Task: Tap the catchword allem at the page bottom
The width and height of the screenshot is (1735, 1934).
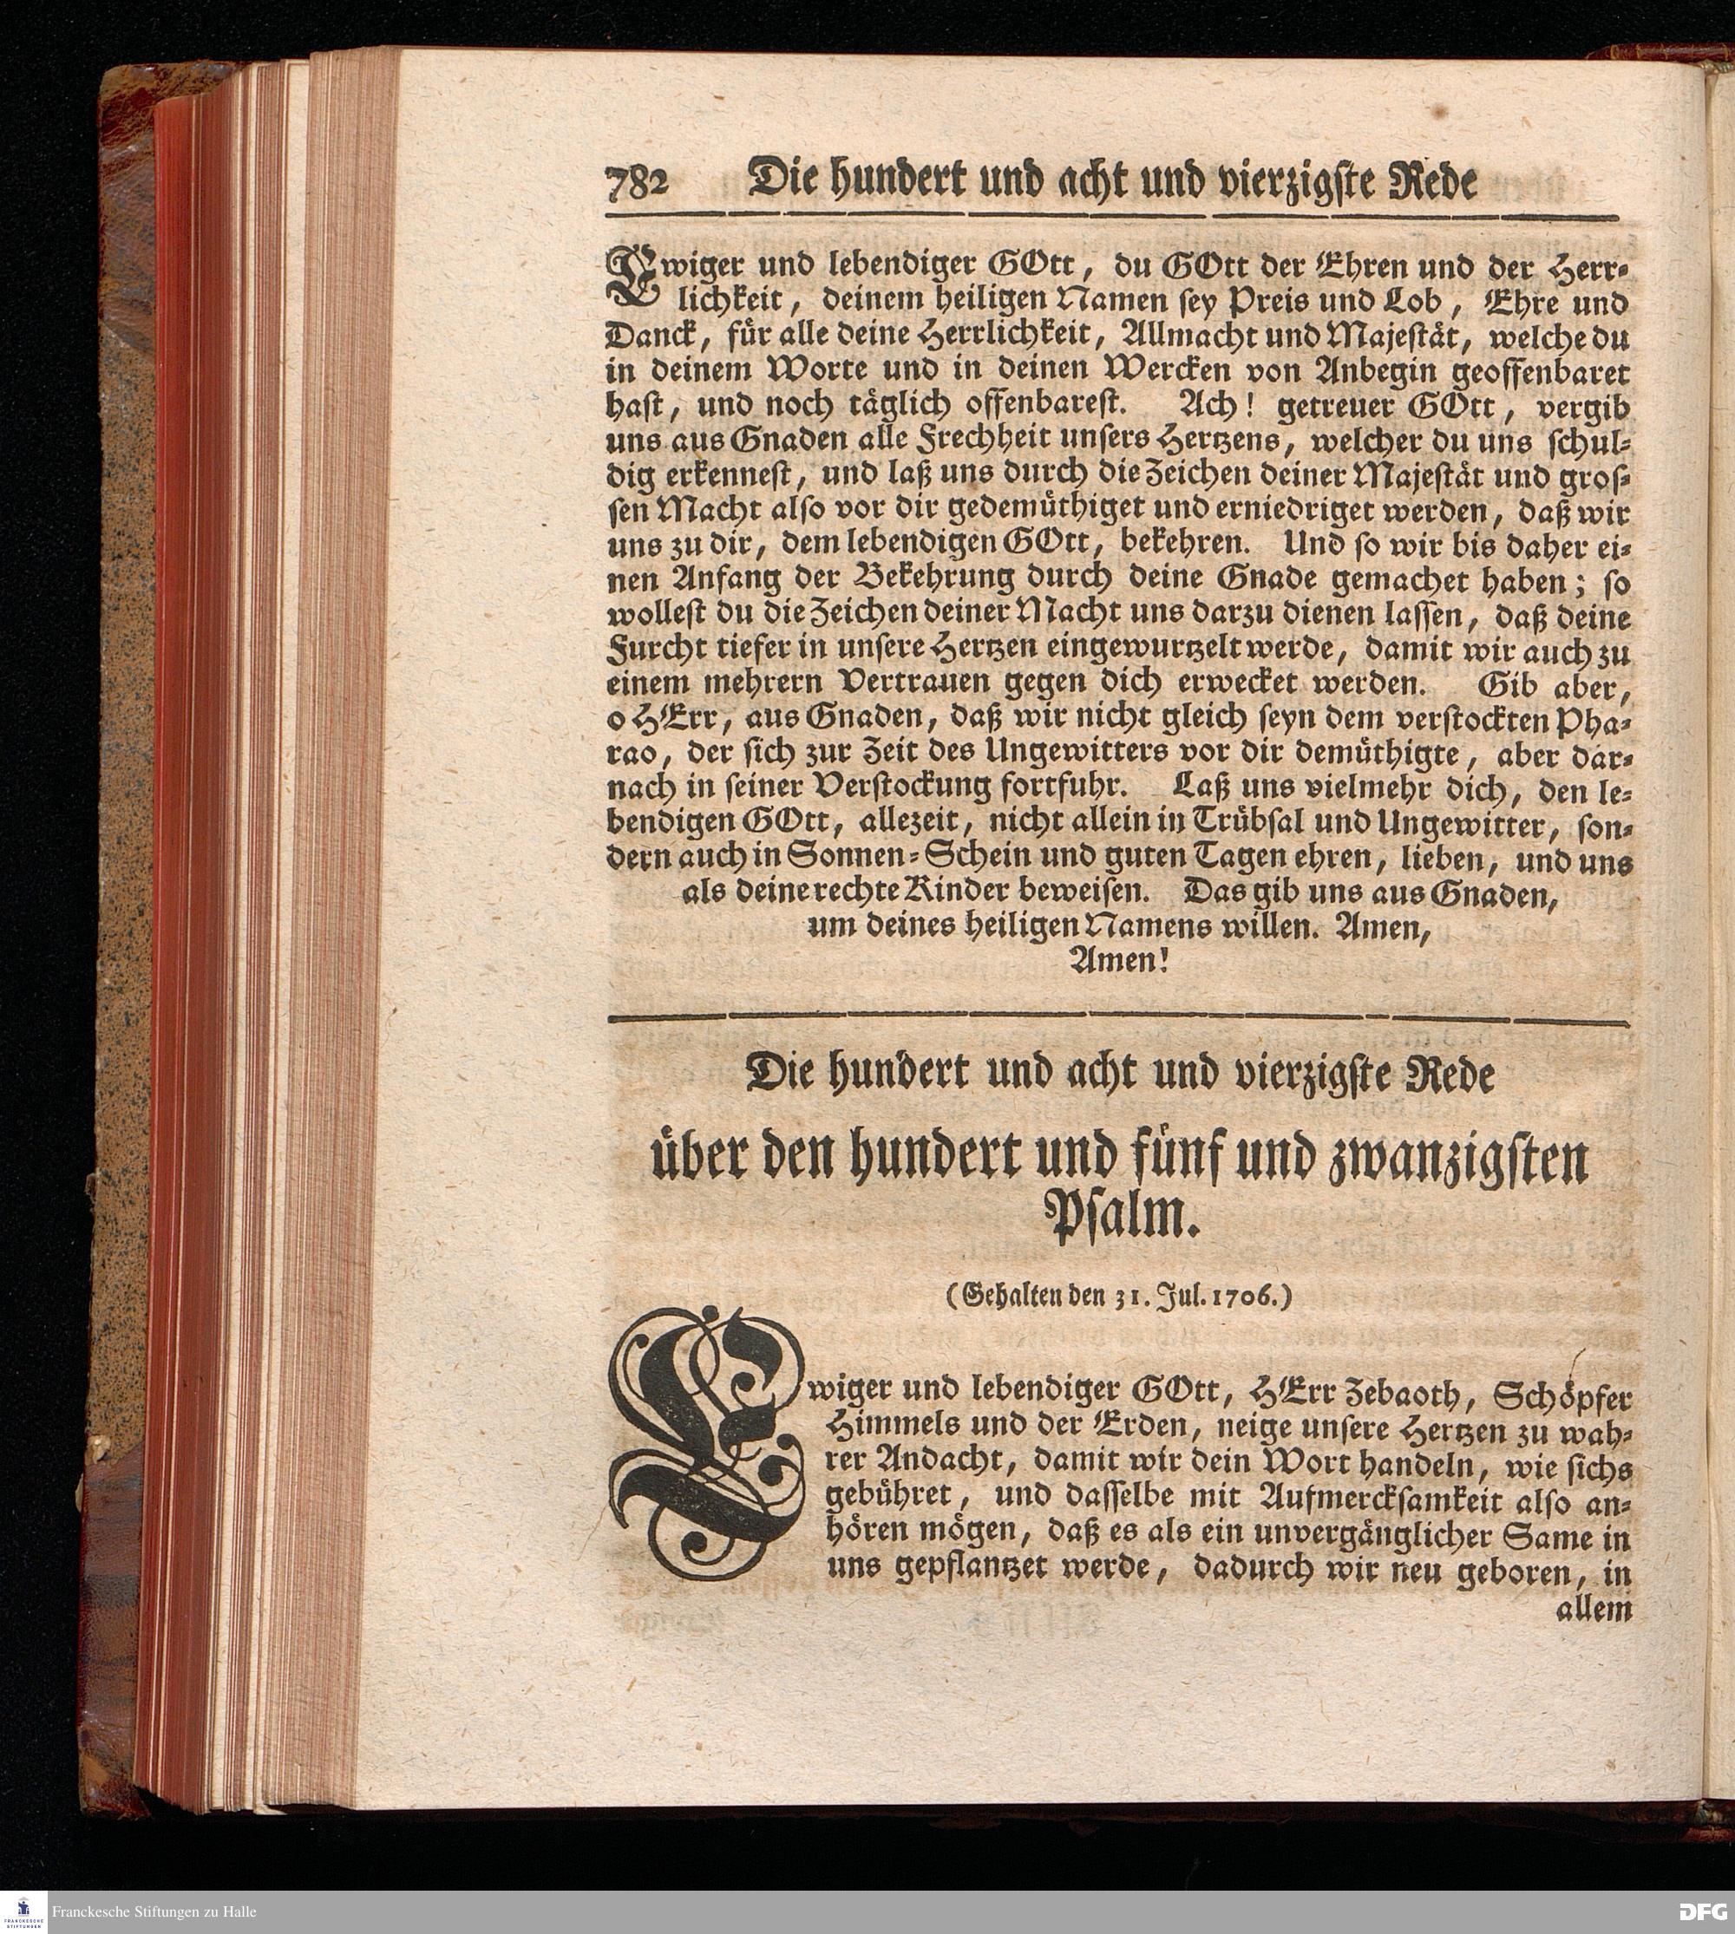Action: (1594, 1611)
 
